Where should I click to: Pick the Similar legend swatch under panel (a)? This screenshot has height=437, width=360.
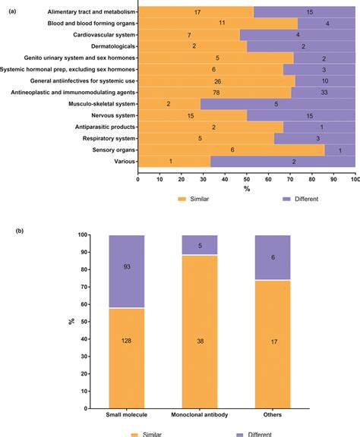[182, 199]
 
